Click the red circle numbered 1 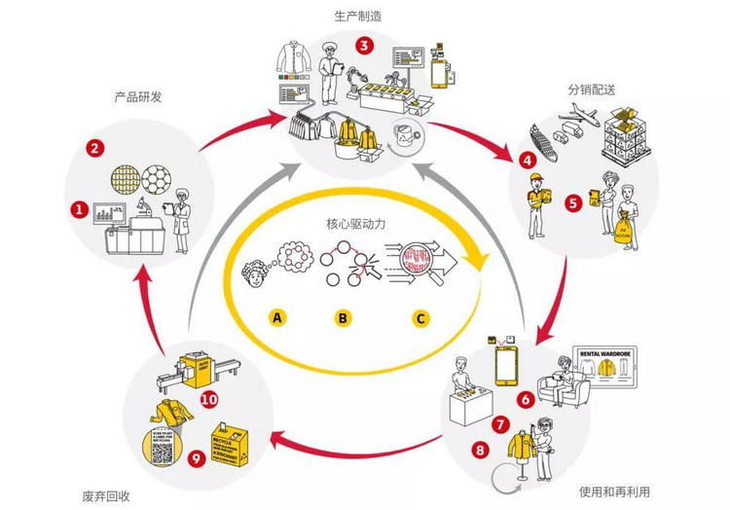point(80,207)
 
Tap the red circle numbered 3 point(364,45)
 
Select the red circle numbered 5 point(573,203)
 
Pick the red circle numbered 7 point(499,424)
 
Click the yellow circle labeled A point(278,317)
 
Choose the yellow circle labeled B point(342,317)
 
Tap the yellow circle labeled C point(420,317)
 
